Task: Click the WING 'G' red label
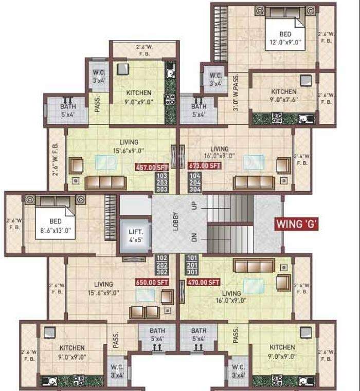pos(297,225)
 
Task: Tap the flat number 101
pos(192,257)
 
